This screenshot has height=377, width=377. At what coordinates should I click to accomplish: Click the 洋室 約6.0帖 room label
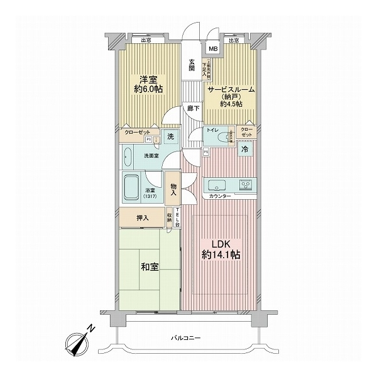click(x=149, y=84)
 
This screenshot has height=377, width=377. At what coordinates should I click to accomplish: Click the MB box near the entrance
click(x=213, y=48)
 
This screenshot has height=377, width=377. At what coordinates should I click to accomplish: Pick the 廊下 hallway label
click(x=192, y=109)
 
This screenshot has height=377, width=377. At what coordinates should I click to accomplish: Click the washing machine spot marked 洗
click(x=170, y=137)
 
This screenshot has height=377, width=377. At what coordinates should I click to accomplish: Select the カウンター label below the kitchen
click(x=220, y=197)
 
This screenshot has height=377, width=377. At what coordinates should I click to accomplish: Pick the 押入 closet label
click(x=143, y=218)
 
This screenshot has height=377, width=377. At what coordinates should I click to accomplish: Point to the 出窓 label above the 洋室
click(x=146, y=41)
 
